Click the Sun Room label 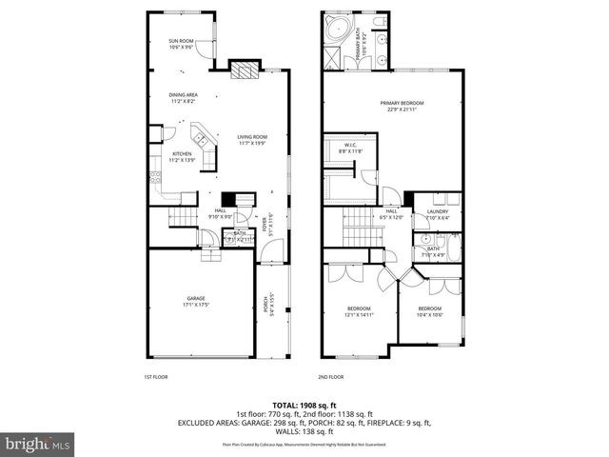point(182,43)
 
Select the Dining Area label point(183,97)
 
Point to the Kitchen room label point(182,156)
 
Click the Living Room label point(252,139)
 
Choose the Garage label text point(196,301)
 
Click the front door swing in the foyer point(273,251)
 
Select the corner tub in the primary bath point(337,30)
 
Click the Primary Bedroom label point(401,105)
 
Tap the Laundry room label point(437,214)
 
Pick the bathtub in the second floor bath point(454,250)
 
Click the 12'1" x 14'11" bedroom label point(359,311)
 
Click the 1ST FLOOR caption point(155,378)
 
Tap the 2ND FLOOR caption point(330,378)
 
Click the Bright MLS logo point(36,444)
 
